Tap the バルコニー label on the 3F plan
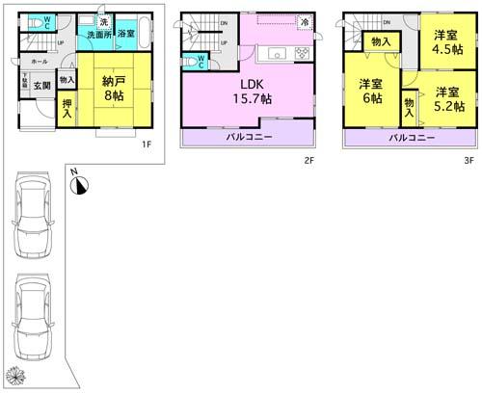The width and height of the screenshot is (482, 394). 410,139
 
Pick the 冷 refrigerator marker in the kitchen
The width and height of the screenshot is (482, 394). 305,21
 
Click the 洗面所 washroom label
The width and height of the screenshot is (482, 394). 94,34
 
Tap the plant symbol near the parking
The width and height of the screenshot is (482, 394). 13,375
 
